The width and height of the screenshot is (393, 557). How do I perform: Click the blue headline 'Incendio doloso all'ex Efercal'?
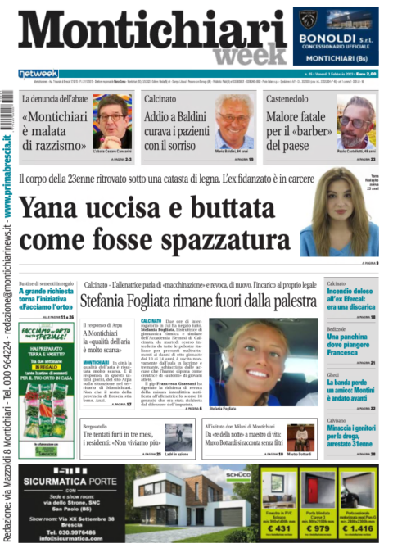pos(350,300)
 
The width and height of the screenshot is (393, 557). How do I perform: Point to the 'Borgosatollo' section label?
pos(102,426)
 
